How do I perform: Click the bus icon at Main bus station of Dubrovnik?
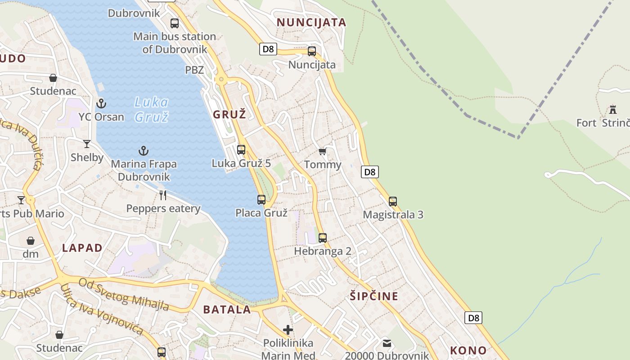click(x=175, y=23)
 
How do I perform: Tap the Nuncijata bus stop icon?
click(x=312, y=51)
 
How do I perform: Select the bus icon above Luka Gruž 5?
click(x=241, y=150)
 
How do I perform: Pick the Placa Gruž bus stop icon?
click(x=261, y=199)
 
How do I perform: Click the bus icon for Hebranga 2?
click(x=323, y=238)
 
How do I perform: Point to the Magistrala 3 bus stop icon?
click(x=393, y=201)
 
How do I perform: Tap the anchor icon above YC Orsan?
click(x=101, y=103)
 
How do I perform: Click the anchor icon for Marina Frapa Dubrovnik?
click(x=144, y=151)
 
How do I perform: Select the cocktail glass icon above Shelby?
click(x=87, y=144)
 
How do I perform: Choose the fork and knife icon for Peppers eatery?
click(x=163, y=195)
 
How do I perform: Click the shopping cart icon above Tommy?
click(x=322, y=151)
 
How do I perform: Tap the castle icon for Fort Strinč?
click(x=612, y=109)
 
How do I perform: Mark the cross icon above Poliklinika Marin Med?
click(x=288, y=330)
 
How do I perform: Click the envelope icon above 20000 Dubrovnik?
click(x=387, y=343)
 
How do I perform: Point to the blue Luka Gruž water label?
click(x=152, y=109)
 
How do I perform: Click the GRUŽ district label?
click(x=229, y=115)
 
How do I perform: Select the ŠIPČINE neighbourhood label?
click(x=374, y=296)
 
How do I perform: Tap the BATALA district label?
click(x=227, y=310)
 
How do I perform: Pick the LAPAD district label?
click(x=82, y=248)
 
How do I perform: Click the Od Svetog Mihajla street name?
click(x=124, y=294)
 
